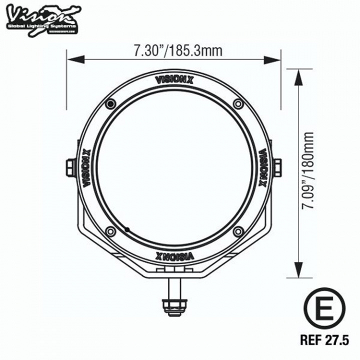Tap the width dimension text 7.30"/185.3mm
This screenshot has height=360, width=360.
[x=171, y=50]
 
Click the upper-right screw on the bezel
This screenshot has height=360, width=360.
[x=238, y=103]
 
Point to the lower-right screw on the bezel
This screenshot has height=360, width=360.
[x=238, y=231]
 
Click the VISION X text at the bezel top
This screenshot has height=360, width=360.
[x=174, y=79]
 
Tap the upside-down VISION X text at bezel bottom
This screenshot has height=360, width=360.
[x=174, y=255]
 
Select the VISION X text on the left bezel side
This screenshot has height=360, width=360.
[x=86, y=167]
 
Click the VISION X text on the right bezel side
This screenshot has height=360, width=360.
[x=262, y=167]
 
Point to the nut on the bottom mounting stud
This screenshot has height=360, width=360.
[x=174, y=304]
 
